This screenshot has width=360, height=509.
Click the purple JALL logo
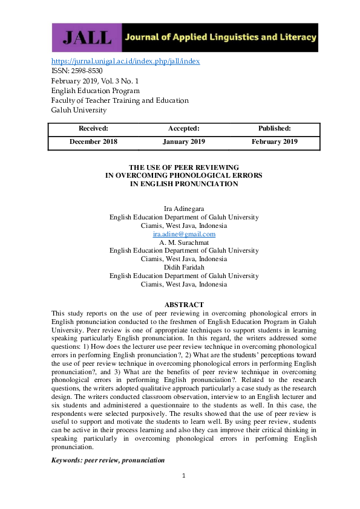point(87,37)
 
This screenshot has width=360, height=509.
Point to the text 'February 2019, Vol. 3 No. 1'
point(95,80)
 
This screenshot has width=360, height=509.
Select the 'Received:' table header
point(93,128)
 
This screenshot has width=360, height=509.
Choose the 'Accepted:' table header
point(183,128)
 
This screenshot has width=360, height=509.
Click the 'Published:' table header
point(274,128)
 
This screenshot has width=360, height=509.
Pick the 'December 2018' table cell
point(93,141)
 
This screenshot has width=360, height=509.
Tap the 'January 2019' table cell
point(183,141)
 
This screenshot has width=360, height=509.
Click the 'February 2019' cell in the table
point(274,141)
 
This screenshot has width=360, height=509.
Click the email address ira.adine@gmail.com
point(184,234)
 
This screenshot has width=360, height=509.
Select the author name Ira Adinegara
point(184,209)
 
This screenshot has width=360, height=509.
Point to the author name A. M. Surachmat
point(184,242)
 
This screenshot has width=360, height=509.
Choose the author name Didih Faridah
point(184,267)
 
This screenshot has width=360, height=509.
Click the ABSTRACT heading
point(184,305)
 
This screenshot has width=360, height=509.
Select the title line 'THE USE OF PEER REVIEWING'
point(184,167)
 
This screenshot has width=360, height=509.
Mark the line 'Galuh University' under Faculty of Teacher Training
point(79,110)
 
